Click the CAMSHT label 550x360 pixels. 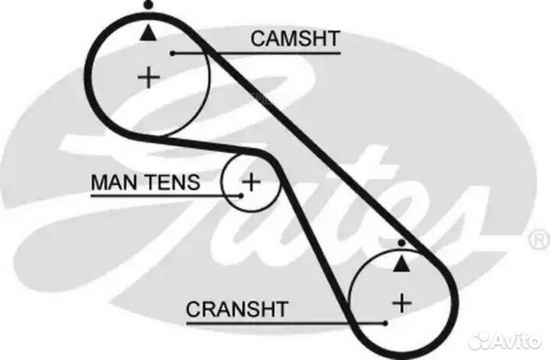click(x=295, y=38)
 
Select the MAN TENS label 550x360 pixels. click(x=145, y=182)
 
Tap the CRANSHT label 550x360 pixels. click(x=237, y=309)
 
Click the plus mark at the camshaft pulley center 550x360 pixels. click(x=149, y=77)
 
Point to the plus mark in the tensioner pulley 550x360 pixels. click(x=251, y=182)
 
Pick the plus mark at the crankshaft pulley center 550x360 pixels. click(x=402, y=303)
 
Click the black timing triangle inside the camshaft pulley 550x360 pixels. click(x=148, y=33)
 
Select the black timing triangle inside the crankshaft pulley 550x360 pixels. click(x=401, y=264)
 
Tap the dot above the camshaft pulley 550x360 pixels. click(x=149, y=5)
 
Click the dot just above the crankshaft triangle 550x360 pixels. click(x=402, y=242)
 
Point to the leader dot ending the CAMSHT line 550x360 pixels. click(x=173, y=54)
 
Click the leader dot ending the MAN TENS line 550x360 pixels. click(x=241, y=196)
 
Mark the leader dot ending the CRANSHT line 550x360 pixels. click(x=386, y=323)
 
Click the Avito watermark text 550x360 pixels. click(x=516, y=340)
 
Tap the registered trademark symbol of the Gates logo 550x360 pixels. click(x=540, y=241)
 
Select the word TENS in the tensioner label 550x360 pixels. click(x=173, y=182)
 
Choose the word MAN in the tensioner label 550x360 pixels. click(x=115, y=182)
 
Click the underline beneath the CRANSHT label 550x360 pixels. click(x=286, y=323)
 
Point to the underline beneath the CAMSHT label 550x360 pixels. click(x=257, y=54)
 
